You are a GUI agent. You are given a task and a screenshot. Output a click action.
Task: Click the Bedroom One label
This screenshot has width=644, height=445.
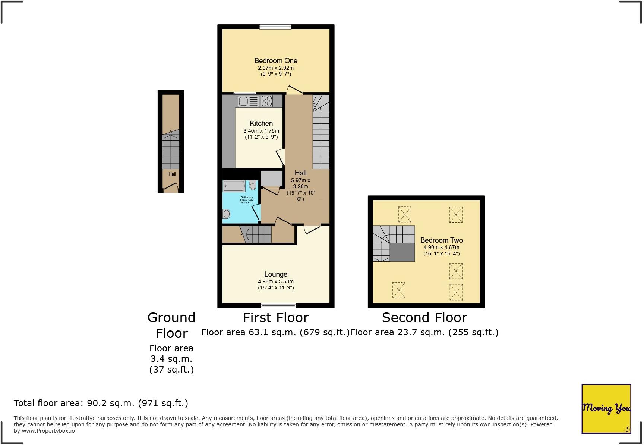[276, 60]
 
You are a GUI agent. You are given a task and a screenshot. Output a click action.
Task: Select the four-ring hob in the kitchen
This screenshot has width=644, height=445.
[266, 101]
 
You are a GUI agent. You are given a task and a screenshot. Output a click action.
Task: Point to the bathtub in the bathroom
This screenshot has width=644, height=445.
[234, 186]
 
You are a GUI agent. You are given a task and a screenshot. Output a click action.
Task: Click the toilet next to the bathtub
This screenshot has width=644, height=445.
[253, 185]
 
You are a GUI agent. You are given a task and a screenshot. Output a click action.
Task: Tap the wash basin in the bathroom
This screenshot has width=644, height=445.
[226, 214]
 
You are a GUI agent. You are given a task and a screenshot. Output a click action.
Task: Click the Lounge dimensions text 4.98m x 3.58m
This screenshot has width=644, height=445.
[276, 281]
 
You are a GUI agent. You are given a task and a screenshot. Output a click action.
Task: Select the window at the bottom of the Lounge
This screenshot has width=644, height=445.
[278, 305]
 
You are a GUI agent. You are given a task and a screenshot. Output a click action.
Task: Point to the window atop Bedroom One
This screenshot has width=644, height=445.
[275, 27]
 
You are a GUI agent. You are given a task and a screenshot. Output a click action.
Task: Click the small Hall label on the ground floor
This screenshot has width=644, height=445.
[172, 174]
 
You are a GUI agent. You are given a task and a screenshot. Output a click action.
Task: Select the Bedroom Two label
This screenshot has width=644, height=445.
[441, 240]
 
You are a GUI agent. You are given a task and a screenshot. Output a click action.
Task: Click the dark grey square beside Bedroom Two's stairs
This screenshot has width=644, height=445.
[402, 253]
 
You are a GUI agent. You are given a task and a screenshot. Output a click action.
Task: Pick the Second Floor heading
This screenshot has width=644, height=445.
[424, 318]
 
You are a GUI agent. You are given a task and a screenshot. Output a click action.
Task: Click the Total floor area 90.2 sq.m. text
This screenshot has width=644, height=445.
[101, 403]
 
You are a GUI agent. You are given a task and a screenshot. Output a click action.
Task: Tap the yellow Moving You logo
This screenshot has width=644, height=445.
[606, 408]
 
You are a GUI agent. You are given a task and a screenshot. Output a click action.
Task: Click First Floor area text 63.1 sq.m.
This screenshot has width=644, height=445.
[275, 332]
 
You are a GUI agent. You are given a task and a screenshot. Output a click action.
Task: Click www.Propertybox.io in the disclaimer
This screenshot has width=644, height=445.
[48, 431]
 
